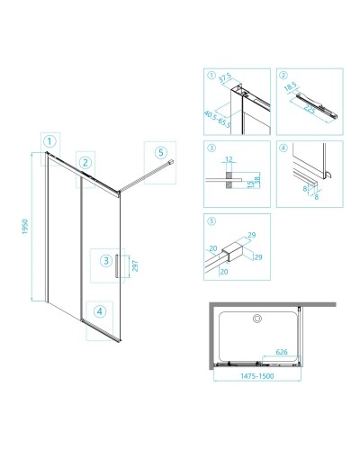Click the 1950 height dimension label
25,227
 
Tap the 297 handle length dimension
135,265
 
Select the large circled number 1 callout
49,141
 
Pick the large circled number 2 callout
85,163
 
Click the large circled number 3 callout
106,261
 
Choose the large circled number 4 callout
100,311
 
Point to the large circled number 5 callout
161,152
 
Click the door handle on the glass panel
116,266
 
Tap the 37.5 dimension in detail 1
225,77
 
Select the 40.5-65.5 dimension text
218,119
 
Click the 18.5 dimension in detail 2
290,86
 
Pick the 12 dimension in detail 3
229,159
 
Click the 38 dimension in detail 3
257,180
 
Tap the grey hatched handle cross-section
229,180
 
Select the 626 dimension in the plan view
282,352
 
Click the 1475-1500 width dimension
257,376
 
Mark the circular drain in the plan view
257,319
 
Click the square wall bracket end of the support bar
171,162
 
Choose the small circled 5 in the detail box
211,221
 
